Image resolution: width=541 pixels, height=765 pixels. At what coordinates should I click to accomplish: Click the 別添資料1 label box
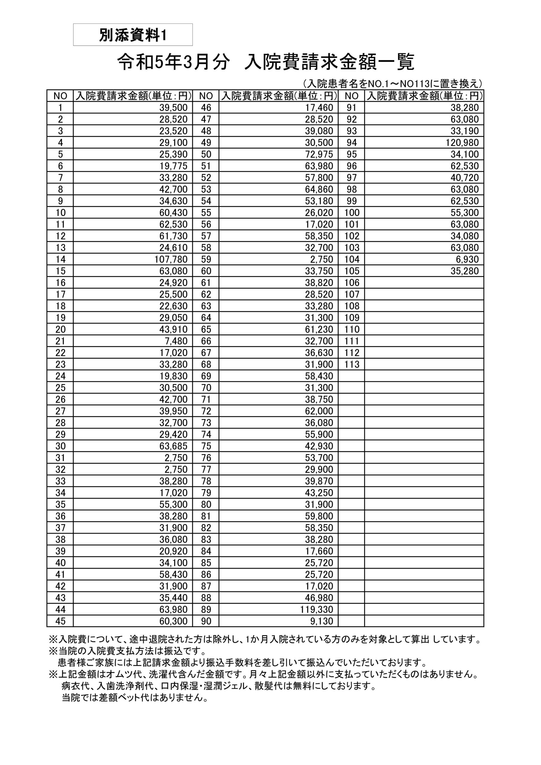(133, 35)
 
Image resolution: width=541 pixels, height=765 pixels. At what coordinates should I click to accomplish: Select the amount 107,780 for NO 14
(171, 259)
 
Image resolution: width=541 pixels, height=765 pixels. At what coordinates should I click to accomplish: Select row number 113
(352, 364)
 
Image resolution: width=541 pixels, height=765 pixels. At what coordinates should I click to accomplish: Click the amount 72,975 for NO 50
(319, 154)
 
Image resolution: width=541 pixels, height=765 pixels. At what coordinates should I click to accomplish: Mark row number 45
(60, 621)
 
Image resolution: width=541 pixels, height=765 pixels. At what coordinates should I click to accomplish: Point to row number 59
(206, 259)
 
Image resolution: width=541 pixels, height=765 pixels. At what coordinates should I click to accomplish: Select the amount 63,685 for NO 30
(173, 446)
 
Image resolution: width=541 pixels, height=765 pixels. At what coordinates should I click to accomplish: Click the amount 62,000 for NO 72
(319, 411)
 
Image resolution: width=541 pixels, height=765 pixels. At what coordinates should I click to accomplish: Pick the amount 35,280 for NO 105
(465, 271)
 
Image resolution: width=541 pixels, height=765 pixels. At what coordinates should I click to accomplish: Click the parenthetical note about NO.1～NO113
(392, 83)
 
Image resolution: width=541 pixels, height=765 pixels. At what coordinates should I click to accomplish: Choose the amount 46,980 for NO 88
(319, 598)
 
